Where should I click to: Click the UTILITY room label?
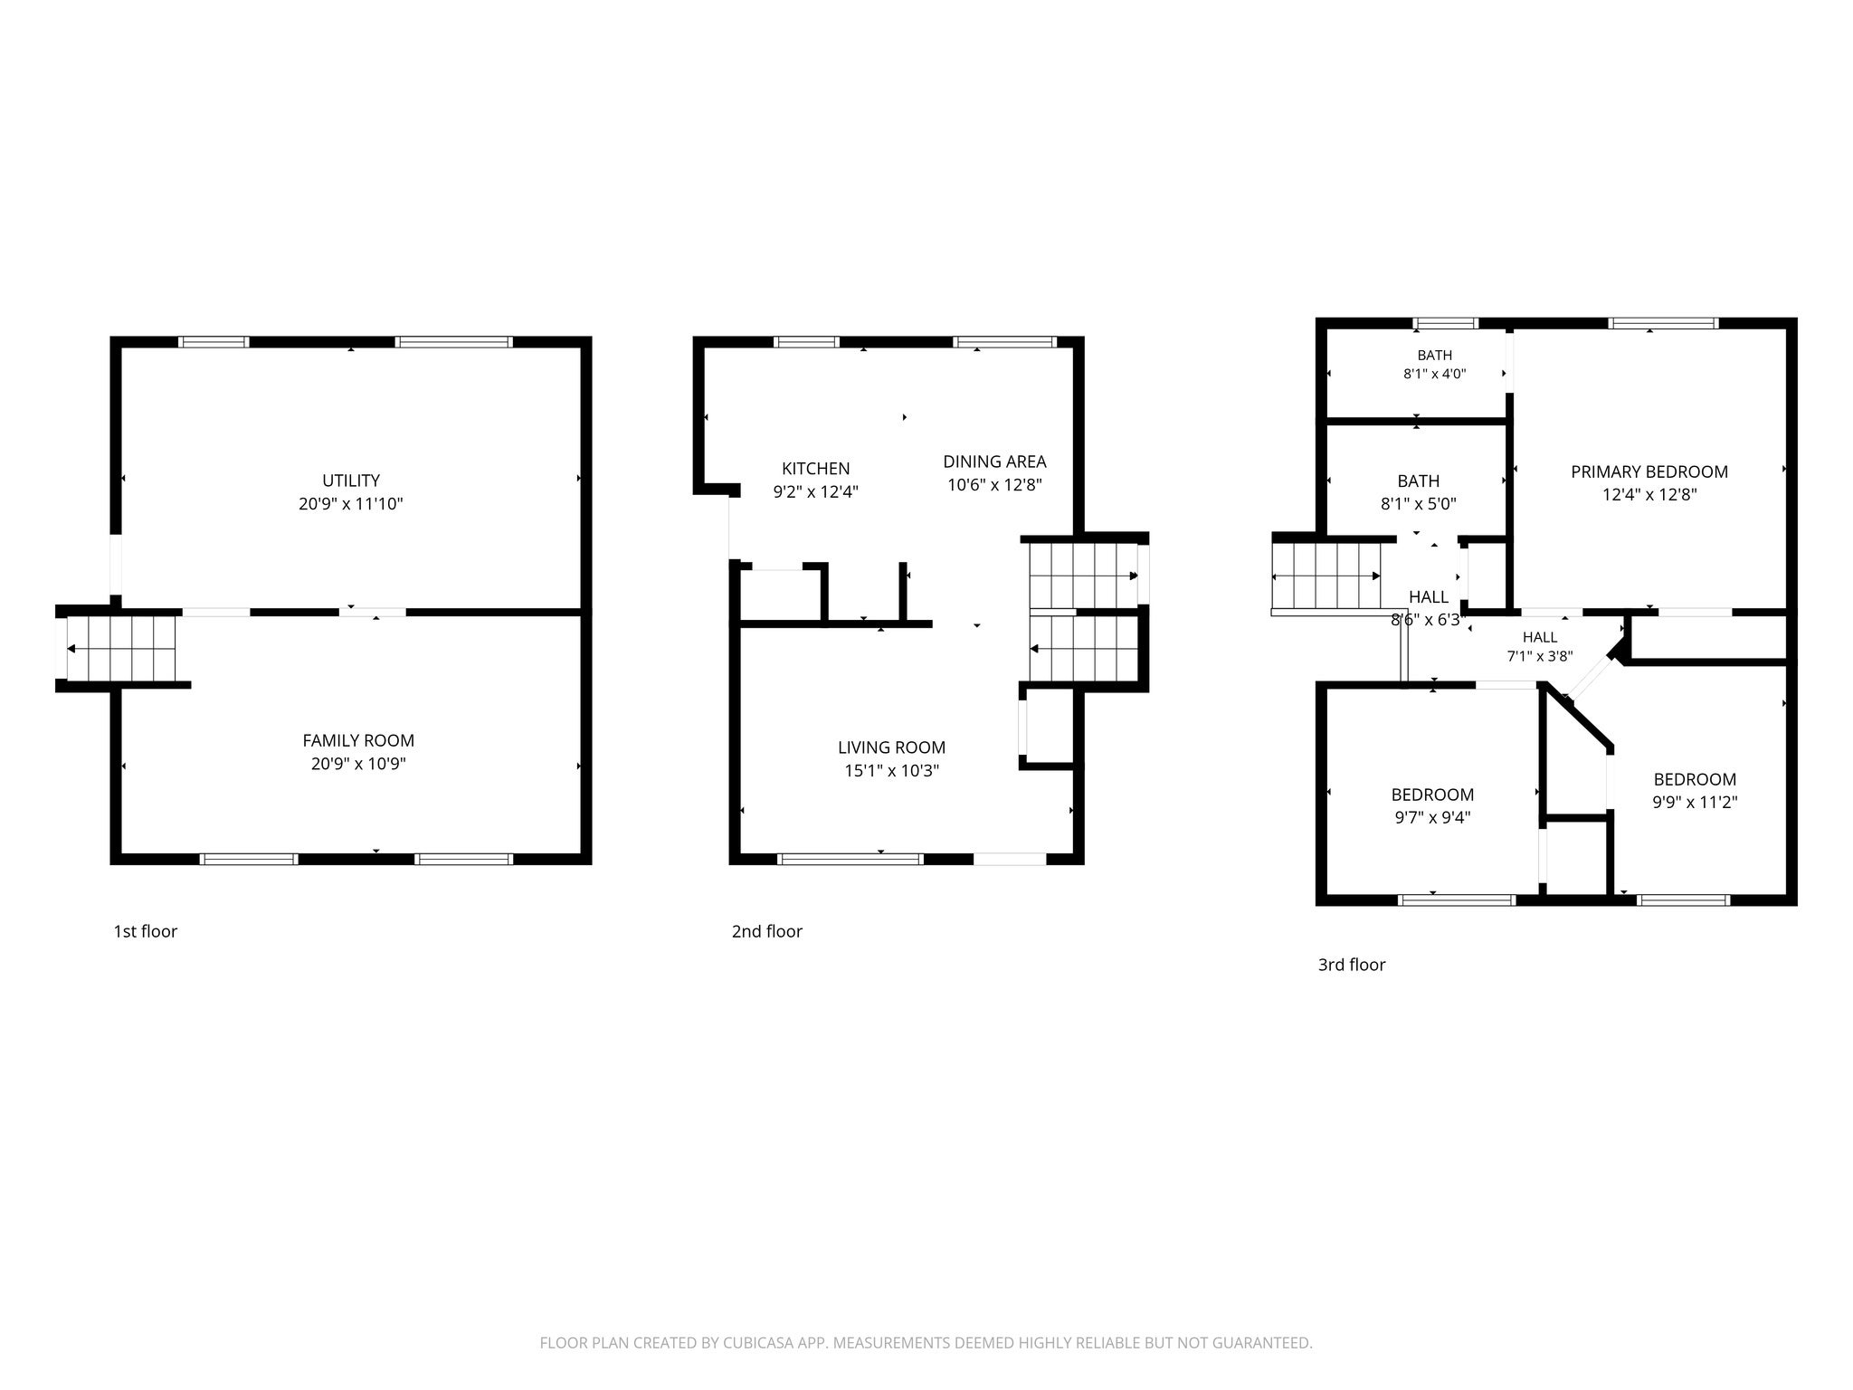(x=351, y=481)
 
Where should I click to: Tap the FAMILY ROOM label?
(x=358, y=740)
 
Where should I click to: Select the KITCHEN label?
(x=815, y=469)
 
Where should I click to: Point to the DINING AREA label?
(x=994, y=462)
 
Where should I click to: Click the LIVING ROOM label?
(x=891, y=747)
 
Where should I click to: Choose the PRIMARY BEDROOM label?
(x=1649, y=471)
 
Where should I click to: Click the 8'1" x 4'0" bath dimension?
(x=1435, y=373)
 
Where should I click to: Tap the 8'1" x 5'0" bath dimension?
(x=1418, y=504)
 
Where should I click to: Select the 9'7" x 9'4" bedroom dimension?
(x=1432, y=817)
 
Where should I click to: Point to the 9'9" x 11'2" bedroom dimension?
(x=1695, y=802)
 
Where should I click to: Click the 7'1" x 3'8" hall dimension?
(x=1540, y=657)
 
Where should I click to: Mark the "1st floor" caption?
(x=145, y=931)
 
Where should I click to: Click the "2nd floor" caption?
(x=767, y=931)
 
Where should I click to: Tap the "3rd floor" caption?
(x=1352, y=965)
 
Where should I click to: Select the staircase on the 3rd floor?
(x=1326, y=576)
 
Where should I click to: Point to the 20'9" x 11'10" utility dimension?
(x=351, y=504)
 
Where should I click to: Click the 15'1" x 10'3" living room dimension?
(x=891, y=771)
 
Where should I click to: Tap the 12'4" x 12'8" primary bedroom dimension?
(x=1649, y=495)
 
